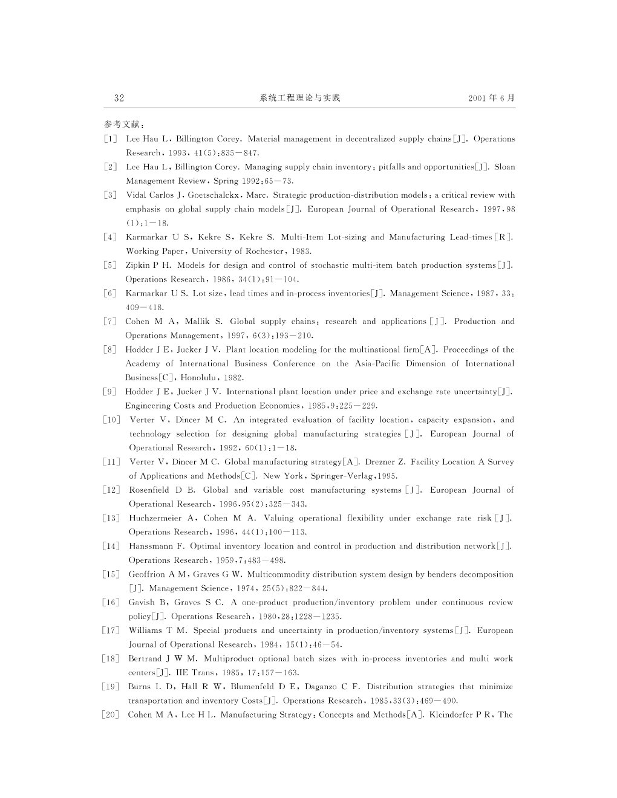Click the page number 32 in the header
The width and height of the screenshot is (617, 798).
[x=119, y=98]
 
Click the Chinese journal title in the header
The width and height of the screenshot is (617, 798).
[x=300, y=98]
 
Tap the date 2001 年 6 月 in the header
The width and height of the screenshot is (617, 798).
[x=491, y=98]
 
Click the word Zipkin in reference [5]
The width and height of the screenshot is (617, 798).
[x=138, y=265]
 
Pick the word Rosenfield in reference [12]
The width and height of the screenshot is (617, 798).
[x=149, y=490]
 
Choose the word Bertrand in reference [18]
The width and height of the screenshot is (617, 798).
[x=146, y=658]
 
